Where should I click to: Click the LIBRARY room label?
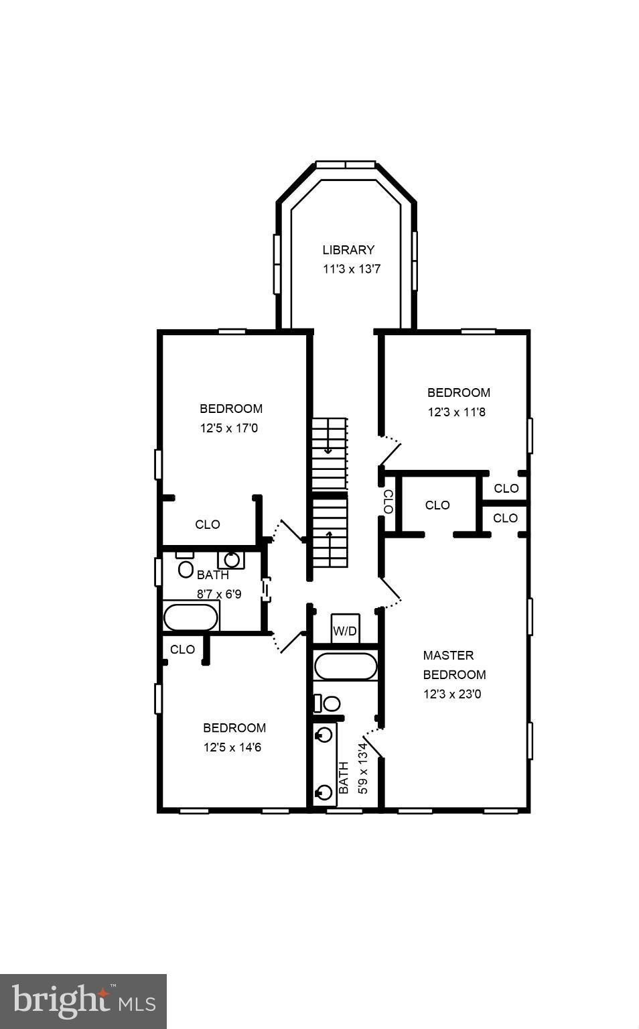coord(348,250)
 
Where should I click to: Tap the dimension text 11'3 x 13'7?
coord(352,269)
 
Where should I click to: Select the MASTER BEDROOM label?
coord(454,665)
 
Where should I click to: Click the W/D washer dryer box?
coord(345,631)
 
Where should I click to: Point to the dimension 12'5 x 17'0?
coord(228,428)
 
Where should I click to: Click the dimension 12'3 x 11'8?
coord(457,412)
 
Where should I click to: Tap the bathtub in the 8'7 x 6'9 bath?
coord(191,617)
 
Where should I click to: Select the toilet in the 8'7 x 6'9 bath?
coord(185,567)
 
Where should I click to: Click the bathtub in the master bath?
coord(346,666)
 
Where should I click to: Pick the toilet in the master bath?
coord(329,703)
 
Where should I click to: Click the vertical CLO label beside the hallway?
coord(388,501)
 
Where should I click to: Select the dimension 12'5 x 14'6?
coord(232,747)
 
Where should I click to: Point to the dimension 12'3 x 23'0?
coord(452,694)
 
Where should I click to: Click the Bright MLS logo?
coord(83,1002)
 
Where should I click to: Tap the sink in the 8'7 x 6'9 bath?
coord(231,559)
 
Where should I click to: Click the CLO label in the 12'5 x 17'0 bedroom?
coord(207,524)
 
